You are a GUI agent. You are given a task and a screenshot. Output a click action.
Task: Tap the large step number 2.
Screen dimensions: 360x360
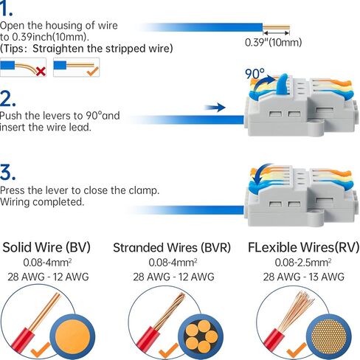point(8,98)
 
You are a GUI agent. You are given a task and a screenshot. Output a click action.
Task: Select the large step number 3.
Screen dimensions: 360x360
point(7,173)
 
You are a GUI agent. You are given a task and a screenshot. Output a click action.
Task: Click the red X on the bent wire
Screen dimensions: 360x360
point(41,72)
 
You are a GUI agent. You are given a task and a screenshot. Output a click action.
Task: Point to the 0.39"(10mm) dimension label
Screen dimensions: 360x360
point(273,42)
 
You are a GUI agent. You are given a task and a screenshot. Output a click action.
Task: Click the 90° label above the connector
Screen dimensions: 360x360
point(255,74)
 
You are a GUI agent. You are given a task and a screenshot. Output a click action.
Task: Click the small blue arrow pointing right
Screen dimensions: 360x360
point(215,108)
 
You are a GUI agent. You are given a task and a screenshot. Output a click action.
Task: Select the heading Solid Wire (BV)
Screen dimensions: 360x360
point(46,247)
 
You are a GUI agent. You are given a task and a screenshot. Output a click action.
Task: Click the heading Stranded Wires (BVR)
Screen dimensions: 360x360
point(172,248)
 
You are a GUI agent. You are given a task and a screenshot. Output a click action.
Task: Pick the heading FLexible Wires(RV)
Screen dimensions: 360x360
point(303,247)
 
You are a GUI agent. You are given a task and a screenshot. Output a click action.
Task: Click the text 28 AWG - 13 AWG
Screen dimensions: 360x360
point(304,277)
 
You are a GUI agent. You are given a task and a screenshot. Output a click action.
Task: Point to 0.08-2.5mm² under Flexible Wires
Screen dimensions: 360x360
point(303,263)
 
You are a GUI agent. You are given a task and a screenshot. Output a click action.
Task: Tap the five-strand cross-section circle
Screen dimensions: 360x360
point(201,337)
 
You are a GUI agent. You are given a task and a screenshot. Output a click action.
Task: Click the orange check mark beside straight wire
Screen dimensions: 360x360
point(93,71)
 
